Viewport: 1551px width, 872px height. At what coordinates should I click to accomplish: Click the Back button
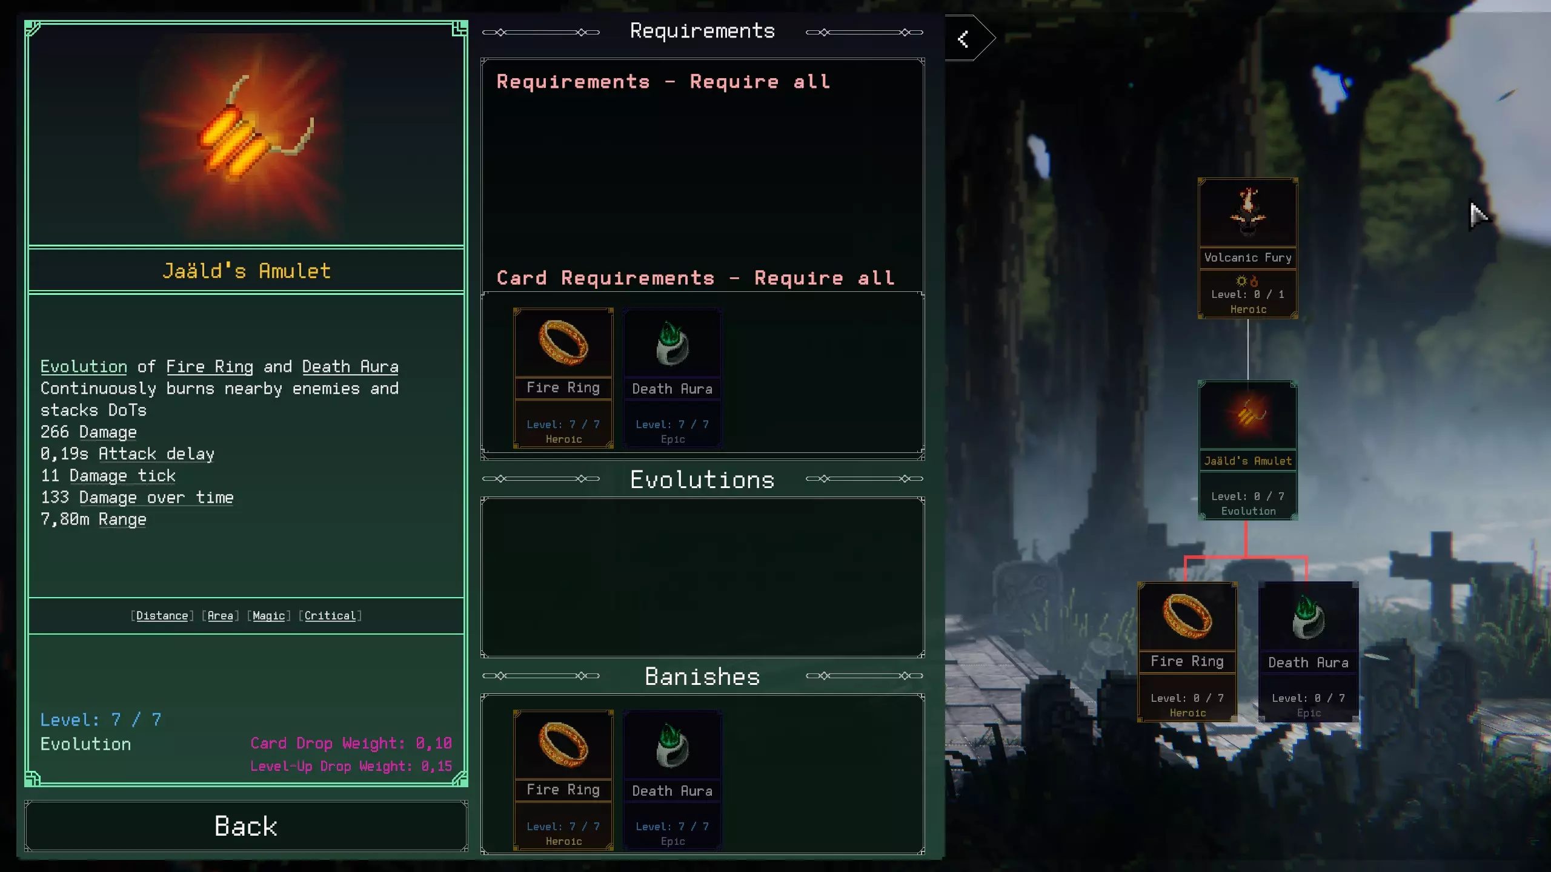click(x=246, y=826)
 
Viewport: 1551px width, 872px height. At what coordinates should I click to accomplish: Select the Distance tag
click(x=162, y=616)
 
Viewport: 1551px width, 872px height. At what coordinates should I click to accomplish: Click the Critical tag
click(x=330, y=616)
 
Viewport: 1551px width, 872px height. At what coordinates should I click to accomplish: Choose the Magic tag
click(x=269, y=616)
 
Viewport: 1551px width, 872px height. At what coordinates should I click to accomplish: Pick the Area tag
click(x=221, y=616)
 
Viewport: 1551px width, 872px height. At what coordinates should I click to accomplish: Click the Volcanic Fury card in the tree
click(x=1247, y=248)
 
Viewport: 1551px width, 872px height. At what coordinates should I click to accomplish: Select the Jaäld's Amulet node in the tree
click(x=1247, y=451)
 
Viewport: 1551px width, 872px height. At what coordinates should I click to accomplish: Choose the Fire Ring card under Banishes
click(x=563, y=781)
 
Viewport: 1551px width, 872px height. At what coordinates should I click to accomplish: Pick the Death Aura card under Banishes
click(x=673, y=781)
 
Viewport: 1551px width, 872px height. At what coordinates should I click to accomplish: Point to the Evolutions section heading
click(x=702, y=480)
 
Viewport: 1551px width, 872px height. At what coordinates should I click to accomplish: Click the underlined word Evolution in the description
click(x=84, y=367)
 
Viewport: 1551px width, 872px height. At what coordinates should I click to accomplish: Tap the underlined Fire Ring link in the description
click(x=210, y=367)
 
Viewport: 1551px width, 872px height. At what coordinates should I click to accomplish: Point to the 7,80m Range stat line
click(x=93, y=520)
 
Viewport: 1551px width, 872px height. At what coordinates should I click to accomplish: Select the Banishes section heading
click(x=702, y=676)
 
